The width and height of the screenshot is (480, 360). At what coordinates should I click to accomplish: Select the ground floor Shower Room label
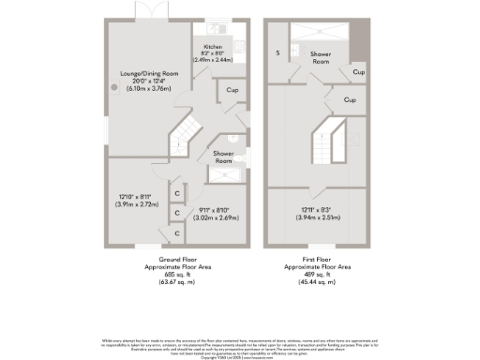223,156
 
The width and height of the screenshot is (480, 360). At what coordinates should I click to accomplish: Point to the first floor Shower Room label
322,58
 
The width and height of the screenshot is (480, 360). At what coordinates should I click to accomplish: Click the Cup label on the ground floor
231,91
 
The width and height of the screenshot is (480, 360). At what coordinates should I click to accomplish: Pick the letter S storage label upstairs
277,53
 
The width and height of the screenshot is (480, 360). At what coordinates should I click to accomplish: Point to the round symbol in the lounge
115,86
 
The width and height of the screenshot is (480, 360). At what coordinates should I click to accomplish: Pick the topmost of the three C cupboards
177,193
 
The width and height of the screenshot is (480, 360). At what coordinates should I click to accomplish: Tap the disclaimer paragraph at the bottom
240,344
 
